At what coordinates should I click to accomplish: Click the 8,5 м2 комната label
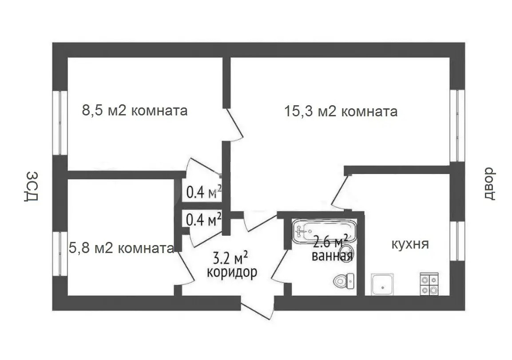135,110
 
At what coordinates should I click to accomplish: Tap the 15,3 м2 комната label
341,111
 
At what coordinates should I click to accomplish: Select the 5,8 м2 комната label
121,248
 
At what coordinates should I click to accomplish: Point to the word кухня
410,244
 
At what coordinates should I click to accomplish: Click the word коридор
232,272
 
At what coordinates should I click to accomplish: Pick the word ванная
332,256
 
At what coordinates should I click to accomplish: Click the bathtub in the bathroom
324,231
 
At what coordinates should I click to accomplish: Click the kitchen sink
382,284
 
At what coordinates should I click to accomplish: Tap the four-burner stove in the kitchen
429,284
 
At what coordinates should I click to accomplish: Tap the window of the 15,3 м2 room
457,125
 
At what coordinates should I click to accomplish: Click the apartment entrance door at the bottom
258,308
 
